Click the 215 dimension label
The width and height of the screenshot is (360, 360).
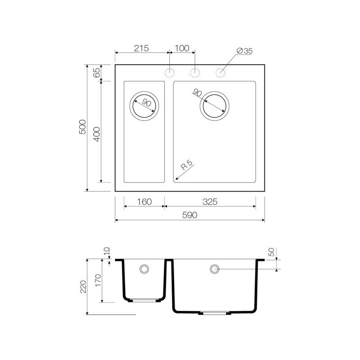[141, 48]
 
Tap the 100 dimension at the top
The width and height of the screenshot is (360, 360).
[182, 48]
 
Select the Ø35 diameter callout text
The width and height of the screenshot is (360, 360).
[244, 51]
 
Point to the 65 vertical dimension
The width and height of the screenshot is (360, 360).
[97, 73]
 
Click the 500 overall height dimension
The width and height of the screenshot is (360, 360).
[82, 127]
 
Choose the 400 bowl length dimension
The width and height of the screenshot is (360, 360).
[97, 134]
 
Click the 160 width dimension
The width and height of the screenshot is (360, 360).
[144, 202]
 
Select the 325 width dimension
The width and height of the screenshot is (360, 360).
[210, 202]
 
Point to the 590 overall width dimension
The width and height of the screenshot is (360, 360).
[189, 215]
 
